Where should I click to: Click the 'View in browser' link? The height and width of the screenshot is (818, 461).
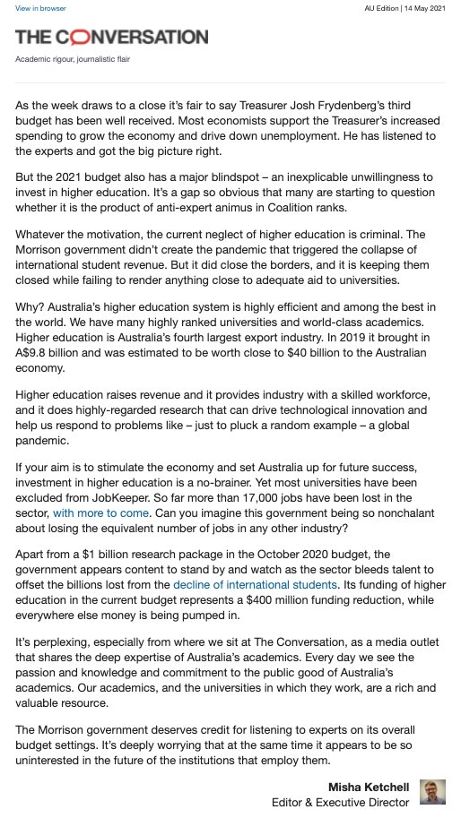click(x=34, y=8)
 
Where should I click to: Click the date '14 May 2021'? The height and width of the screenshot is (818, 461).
click(x=425, y=8)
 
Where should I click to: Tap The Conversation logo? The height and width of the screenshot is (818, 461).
click(x=111, y=37)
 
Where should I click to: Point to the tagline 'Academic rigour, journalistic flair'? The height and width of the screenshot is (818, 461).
click(x=67, y=59)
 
